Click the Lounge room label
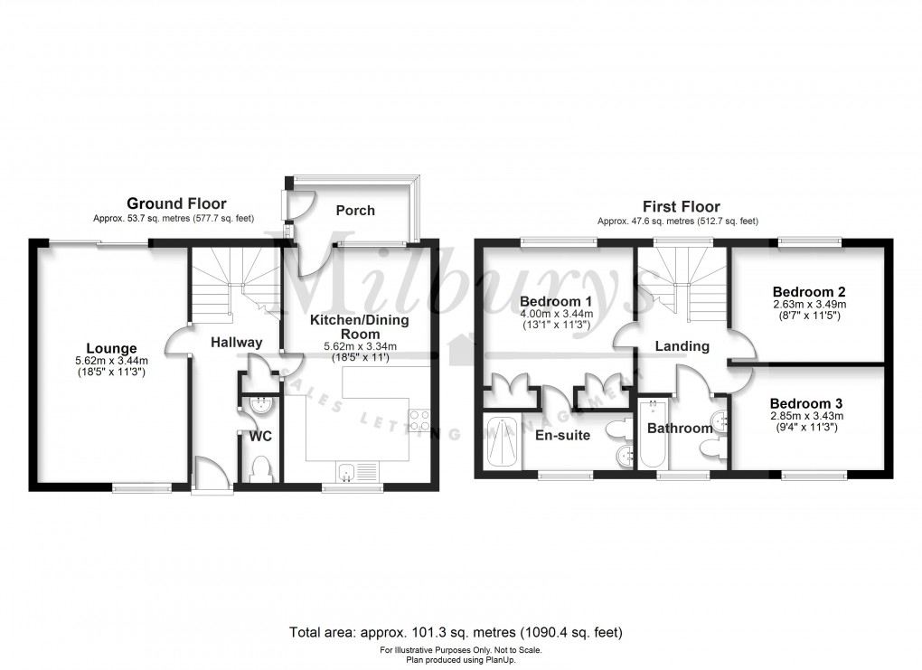(x=111, y=348)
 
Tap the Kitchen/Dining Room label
(x=360, y=327)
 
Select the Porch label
(x=354, y=211)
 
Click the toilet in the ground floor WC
(x=260, y=468)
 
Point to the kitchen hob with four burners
(x=420, y=420)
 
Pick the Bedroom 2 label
(x=808, y=292)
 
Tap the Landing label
(x=682, y=345)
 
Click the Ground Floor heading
(x=176, y=203)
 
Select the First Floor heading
(x=681, y=206)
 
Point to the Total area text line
(x=456, y=632)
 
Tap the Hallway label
(x=236, y=342)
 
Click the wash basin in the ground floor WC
(x=261, y=404)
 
